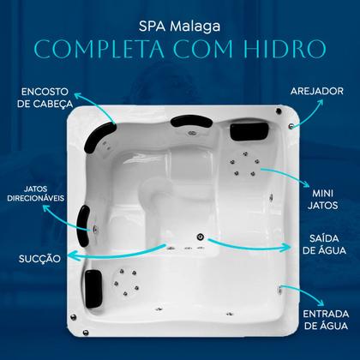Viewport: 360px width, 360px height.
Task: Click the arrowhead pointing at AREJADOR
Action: [322, 100]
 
